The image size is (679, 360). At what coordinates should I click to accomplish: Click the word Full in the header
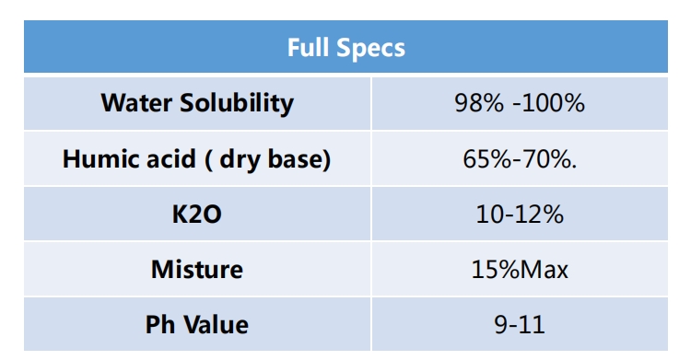click(309, 47)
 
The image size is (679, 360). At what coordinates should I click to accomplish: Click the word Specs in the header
click(370, 49)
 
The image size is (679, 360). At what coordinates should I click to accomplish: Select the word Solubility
click(237, 104)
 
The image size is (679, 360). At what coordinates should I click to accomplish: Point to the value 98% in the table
click(479, 103)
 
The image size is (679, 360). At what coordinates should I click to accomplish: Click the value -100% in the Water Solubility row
click(549, 103)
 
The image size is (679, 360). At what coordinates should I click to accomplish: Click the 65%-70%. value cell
click(520, 158)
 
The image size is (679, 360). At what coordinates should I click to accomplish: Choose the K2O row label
click(197, 215)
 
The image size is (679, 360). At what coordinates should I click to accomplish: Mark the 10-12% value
click(520, 215)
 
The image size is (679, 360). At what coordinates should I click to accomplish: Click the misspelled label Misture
click(197, 269)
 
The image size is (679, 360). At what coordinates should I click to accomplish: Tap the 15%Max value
click(520, 269)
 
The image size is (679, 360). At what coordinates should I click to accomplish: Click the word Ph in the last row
click(160, 324)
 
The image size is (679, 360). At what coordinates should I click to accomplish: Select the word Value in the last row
click(216, 324)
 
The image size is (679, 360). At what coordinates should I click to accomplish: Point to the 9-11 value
click(520, 324)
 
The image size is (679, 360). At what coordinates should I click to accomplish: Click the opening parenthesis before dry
click(208, 159)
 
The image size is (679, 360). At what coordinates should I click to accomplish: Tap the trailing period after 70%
click(574, 167)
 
